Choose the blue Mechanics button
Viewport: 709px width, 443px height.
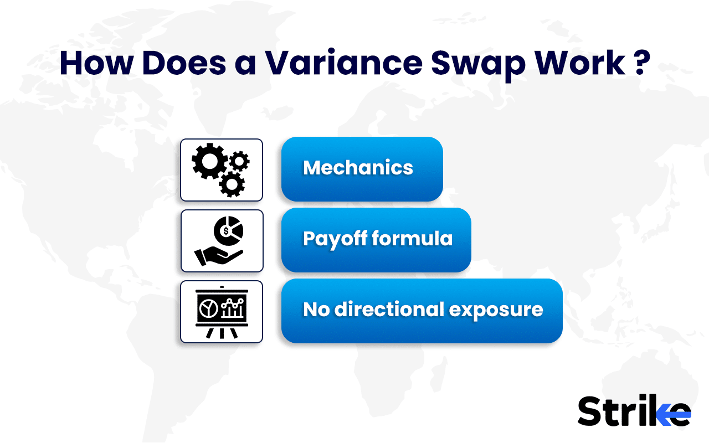pyautogui.click(x=362, y=169)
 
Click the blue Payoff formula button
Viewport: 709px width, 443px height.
pyautogui.click(x=376, y=240)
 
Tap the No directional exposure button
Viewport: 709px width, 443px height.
pyautogui.click(x=422, y=311)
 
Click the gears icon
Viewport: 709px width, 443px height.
pyautogui.click(x=221, y=169)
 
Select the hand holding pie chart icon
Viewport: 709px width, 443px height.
pyautogui.click(x=221, y=241)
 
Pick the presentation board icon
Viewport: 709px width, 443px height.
pyautogui.click(x=221, y=312)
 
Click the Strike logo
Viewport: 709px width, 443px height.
pyautogui.click(x=634, y=411)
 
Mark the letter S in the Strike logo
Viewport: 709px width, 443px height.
pyautogui.click(x=590, y=411)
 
